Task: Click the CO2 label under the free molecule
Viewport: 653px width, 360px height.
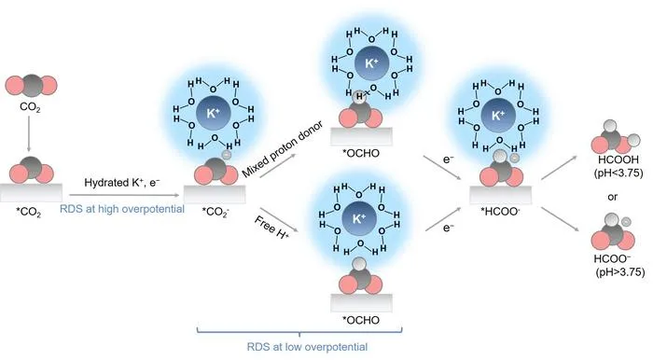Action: click(x=30, y=107)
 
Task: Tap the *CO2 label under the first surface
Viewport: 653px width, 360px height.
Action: click(x=28, y=213)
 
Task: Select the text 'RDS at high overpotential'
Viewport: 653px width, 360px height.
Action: click(x=122, y=209)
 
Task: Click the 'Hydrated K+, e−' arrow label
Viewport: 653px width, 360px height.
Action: click(x=121, y=182)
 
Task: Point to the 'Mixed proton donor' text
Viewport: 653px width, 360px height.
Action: click(x=283, y=149)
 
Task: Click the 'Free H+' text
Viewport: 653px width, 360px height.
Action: click(x=271, y=228)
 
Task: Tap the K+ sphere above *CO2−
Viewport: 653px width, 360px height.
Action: click(x=213, y=113)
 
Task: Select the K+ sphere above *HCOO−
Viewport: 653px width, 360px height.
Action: click(x=498, y=116)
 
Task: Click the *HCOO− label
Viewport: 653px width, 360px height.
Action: click(x=500, y=212)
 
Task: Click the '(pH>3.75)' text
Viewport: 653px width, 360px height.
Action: click(x=620, y=272)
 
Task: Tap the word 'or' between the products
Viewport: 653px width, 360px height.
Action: click(x=612, y=197)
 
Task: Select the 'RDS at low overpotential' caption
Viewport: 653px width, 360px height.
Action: click(x=307, y=347)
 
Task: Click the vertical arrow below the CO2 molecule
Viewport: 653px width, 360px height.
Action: click(x=29, y=133)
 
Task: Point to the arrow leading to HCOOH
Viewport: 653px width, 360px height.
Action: click(x=560, y=168)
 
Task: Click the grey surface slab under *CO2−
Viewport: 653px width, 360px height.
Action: click(x=215, y=194)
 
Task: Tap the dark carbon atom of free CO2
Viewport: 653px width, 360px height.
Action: click(x=32, y=86)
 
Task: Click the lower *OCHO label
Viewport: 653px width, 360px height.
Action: click(x=361, y=320)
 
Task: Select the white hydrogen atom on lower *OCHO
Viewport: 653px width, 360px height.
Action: click(x=359, y=264)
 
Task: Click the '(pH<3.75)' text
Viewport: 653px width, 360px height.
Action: click(x=618, y=173)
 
